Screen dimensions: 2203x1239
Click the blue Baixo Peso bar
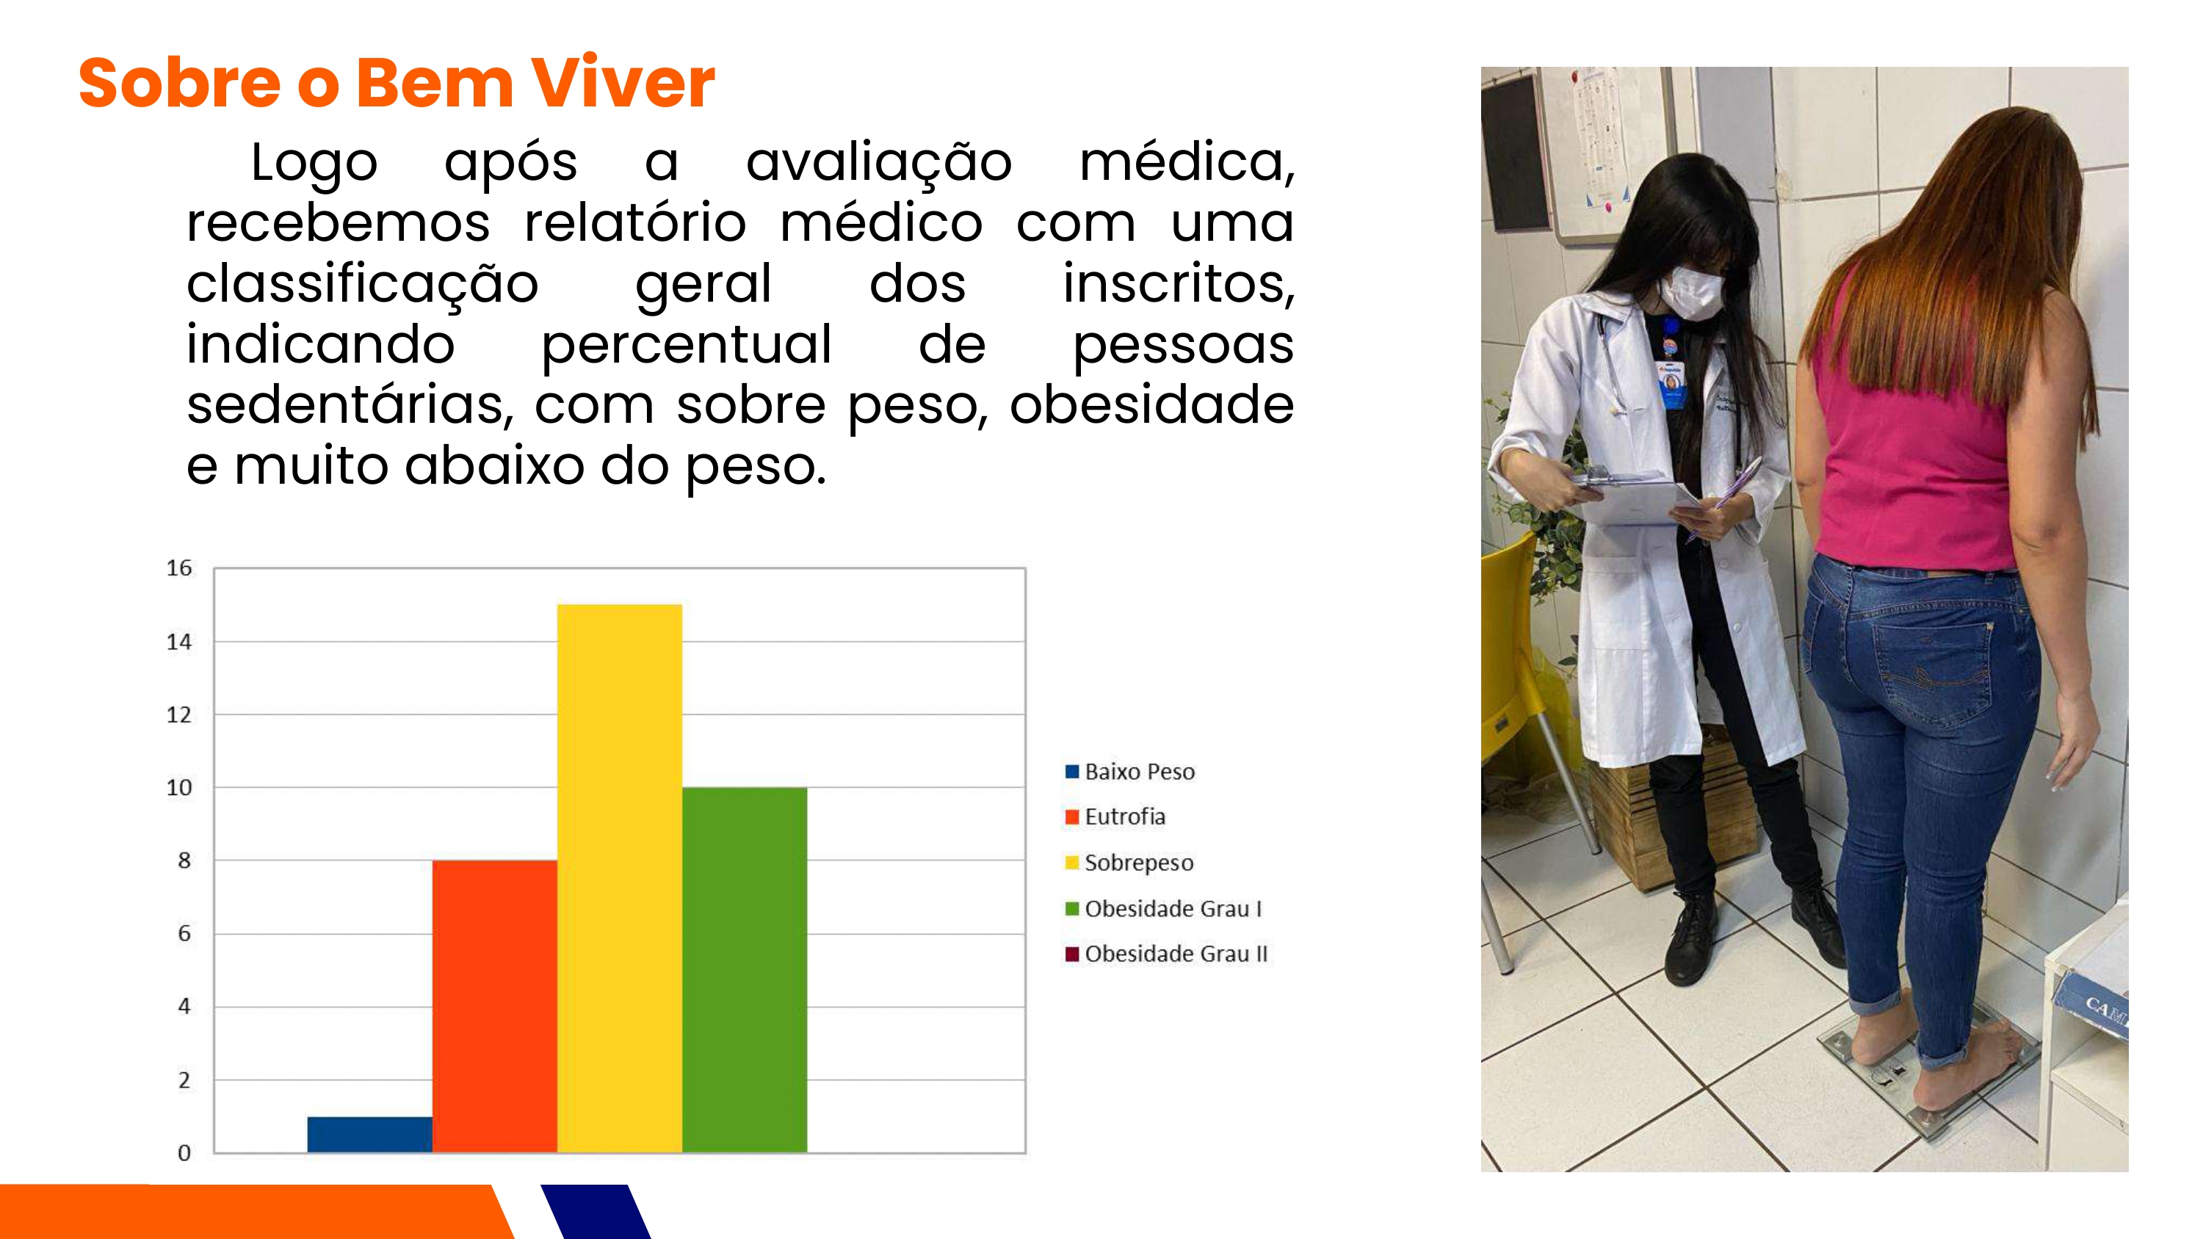[x=369, y=1134]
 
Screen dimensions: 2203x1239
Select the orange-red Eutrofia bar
[x=494, y=1006]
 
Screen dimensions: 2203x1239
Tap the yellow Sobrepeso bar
[x=619, y=878]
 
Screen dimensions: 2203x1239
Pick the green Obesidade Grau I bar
[x=744, y=970]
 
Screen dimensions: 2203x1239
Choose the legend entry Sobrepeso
[x=1129, y=862]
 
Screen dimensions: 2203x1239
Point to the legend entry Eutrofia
[x=1115, y=817]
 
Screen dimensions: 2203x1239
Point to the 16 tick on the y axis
[x=178, y=568]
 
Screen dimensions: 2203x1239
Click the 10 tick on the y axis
[x=178, y=787]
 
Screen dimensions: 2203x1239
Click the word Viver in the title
[x=623, y=83]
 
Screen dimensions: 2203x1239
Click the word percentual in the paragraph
[x=686, y=344]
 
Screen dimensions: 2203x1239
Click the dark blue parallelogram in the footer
[x=596, y=1212]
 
